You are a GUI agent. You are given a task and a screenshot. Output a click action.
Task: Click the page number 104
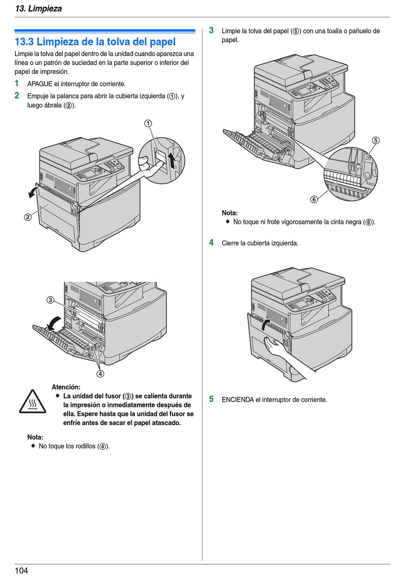(x=21, y=571)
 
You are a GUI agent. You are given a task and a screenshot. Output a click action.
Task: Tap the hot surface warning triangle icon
(x=32, y=402)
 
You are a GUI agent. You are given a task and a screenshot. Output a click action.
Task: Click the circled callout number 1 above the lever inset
(x=148, y=124)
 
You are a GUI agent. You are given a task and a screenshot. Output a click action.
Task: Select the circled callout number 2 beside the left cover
(x=28, y=217)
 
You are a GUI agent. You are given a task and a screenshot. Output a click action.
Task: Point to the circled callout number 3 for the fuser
(x=50, y=300)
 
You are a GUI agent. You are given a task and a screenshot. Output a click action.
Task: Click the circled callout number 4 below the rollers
(x=100, y=374)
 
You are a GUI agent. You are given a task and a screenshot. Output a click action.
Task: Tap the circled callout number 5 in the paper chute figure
(x=376, y=141)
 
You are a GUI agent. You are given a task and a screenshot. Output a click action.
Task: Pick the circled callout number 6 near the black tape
(x=314, y=199)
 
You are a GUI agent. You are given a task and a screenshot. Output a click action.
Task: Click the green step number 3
(x=211, y=30)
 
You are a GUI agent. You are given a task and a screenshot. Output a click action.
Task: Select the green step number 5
(x=211, y=399)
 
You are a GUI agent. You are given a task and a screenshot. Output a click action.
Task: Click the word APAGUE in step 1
(x=40, y=84)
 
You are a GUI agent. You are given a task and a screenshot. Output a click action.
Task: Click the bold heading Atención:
(x=66, y=387)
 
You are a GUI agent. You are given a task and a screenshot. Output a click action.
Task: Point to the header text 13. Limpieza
(x=38, y=8)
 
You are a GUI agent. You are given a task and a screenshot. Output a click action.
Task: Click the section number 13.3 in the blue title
(x=24, y=42)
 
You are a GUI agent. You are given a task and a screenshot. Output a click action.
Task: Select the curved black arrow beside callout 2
(x=32, y=191)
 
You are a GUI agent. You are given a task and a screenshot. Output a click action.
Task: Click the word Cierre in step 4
(x=230, y=243)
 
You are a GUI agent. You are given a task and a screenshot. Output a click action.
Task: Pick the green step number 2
(x=17, y=95)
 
